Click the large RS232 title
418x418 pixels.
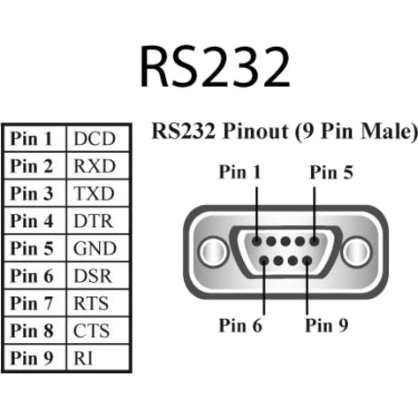pyautogui.click(x=216, y=65)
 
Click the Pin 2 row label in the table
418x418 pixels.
pyautogui.click(x=34, y=166)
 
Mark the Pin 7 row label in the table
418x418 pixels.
pyautogui.click(x=34, y=303)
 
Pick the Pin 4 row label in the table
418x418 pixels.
pyautogui.click(x=34, y=221)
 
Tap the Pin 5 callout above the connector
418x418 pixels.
pyautogui.click(x=331, y=173)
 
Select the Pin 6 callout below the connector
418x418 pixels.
pyautogui.click(x=240, y=324)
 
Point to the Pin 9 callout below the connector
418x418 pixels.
pyautogui.click(x=327, y=324)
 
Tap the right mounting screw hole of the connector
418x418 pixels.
pyautogui.click(x=356, y=251)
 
